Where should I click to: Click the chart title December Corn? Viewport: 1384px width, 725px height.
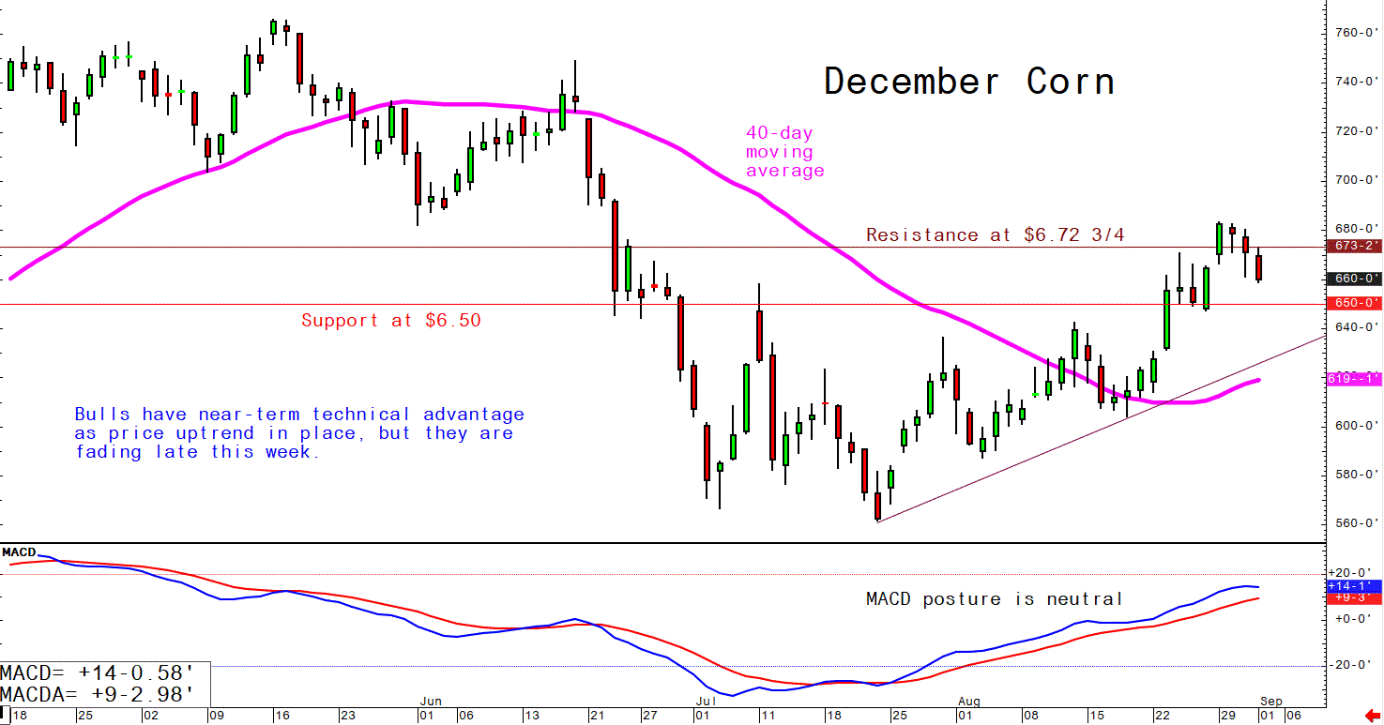click(969, 83)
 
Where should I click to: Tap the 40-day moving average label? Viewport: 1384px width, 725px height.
click(784, 152)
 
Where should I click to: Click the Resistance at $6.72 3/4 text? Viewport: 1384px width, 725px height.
click(995, 235)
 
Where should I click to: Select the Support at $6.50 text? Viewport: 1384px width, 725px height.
click(390, 321)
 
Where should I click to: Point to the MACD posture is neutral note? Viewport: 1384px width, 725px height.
click(994, 599)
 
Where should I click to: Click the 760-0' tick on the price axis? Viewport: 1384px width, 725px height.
click(1355, 33)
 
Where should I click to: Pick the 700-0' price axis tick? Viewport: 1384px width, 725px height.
click(1355, 180)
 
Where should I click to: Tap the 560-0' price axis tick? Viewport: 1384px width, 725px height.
click(1355, 523)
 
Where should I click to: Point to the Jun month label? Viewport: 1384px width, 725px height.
click(431, 701)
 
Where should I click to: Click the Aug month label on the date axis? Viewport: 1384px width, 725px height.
click(969, 701)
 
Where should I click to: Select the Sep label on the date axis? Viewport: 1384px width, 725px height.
click(1271, 701)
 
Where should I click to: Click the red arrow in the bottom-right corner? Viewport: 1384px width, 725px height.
click(1373, 716)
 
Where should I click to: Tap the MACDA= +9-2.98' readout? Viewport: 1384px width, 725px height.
click(98, 695)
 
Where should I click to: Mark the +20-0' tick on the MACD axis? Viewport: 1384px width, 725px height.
click(1351, 573)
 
